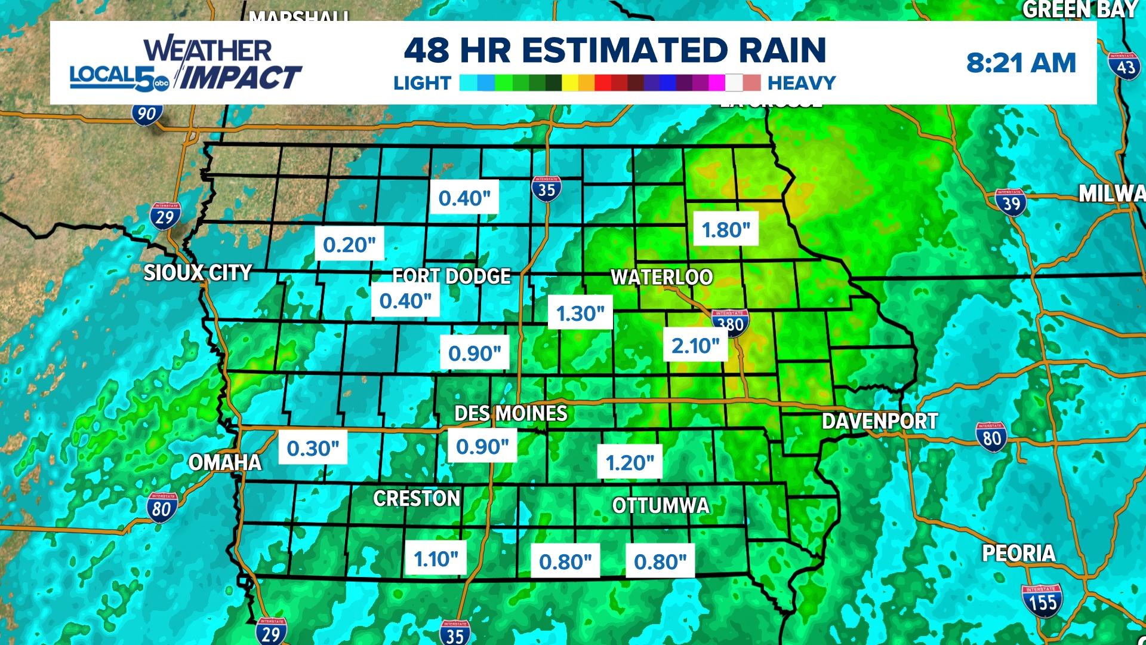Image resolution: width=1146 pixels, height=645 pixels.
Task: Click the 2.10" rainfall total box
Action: click(695, 345)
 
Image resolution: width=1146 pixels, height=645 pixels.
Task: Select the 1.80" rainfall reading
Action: click(726, 229)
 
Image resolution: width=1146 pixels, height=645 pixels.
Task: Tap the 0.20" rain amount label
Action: click(349, 244)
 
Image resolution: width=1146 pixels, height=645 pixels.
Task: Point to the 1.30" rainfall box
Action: click(580, 313)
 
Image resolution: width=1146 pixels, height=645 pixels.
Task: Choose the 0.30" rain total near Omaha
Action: click(313, 448)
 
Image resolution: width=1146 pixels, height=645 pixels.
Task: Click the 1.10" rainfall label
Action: click(436, 559)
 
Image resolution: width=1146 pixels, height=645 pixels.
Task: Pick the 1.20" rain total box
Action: click(630, 462)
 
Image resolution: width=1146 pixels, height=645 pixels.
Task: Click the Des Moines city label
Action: click(511, 413)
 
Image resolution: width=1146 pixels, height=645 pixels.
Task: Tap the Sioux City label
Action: click(198, 273)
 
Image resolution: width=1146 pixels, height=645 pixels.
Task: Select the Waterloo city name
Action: click(661, 277)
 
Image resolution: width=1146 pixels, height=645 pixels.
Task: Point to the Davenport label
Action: click(880, 421)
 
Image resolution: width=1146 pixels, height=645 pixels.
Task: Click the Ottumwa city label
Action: click(661, 506)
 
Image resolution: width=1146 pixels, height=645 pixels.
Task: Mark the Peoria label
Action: click(1019, 553)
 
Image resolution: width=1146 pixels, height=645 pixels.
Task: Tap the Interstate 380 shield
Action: click(730, 322)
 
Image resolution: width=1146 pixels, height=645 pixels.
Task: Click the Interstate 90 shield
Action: click(146, 113)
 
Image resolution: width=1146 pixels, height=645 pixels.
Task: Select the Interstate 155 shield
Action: click(1042, 600)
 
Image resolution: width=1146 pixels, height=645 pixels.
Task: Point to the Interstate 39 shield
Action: click(1010, 203)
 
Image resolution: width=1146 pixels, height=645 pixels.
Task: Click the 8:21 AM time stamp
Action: click(1021, 63)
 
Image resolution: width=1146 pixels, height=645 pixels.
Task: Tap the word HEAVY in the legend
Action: click(801, 83)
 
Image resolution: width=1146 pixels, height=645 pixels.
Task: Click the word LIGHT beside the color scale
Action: click(422, 83)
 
